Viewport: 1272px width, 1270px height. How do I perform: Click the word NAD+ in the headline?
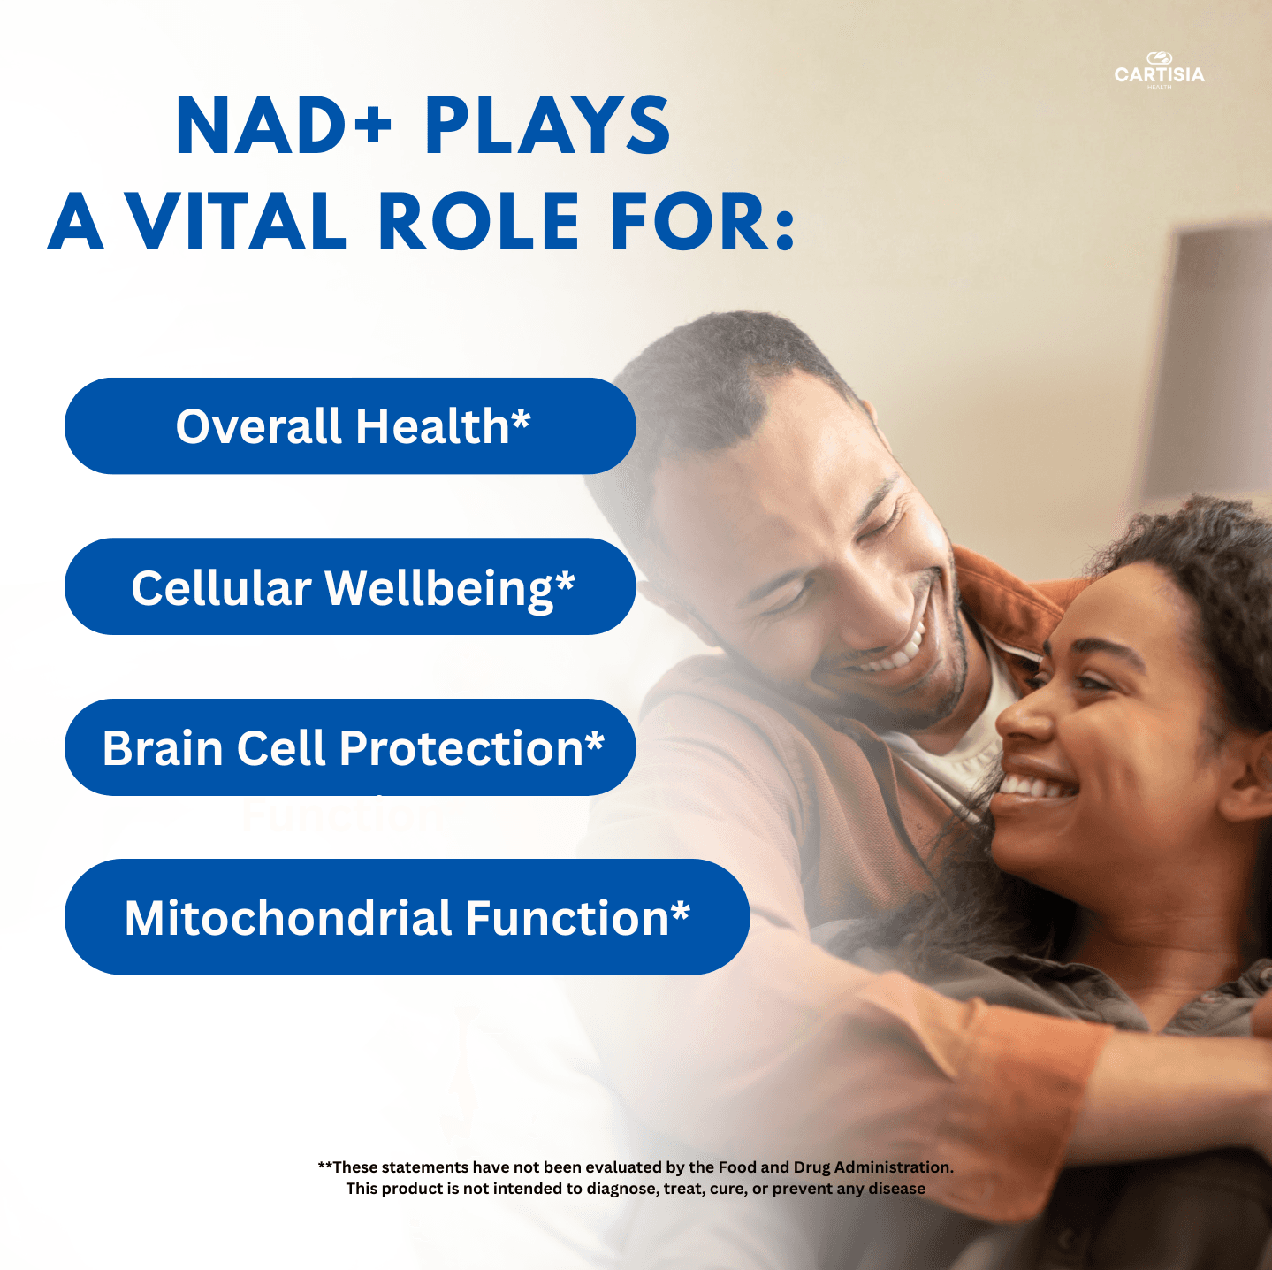(283, 126)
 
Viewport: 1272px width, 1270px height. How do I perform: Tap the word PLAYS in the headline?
(547, 126)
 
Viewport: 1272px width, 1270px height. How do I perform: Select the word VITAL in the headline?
(238, 221)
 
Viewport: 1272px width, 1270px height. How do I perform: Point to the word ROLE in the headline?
(478, 221)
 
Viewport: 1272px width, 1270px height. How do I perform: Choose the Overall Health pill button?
(350, 426)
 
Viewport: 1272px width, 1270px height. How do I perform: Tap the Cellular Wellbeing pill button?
(350, 586)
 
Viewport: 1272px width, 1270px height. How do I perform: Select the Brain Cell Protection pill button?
(350, 747)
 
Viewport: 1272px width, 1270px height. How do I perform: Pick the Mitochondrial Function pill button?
(407, 917)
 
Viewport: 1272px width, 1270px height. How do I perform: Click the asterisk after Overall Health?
(521, 417)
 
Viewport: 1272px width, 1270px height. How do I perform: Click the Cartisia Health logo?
(1159, 71)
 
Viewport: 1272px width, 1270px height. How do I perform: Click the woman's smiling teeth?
(1034, 786)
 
